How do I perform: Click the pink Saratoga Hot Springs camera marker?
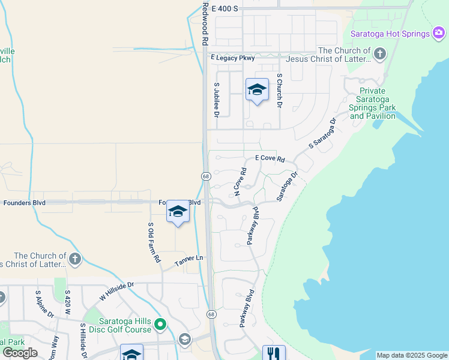click(x=439, y=34)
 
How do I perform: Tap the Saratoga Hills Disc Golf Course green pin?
click(x=160, y=325)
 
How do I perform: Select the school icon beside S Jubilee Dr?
click(x=257, y=90)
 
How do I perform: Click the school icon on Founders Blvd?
click(x=178, y=212)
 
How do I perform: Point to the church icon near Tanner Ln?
click(x=74, y=259)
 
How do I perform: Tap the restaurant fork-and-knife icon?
click(x=273, y=353)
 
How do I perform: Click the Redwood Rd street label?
click(x=205, y=24)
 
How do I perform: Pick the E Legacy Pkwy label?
click(x=233, y=58)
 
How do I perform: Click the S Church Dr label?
click(x=279, y=91)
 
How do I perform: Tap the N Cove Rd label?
click(x=241, y=181)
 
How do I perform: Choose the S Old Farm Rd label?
click(x=154, y=242)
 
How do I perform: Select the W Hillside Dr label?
click(x=116, y=292)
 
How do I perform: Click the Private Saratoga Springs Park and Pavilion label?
click(x=372, y=103)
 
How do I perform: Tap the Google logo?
click(x=19, y=353)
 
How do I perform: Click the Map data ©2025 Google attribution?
click(x=412, y=355)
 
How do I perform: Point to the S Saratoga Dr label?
click(x=321, y=134)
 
